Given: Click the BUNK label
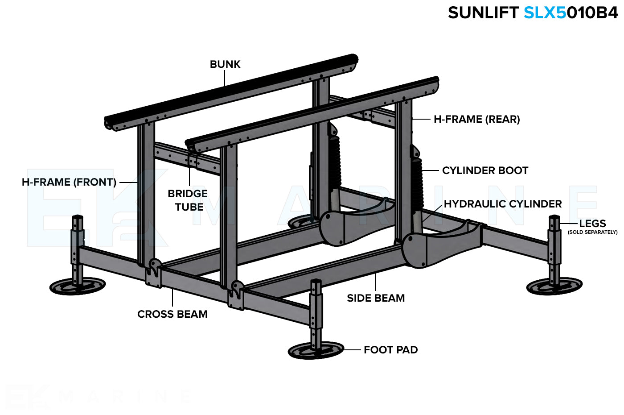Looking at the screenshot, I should tap(225, 64).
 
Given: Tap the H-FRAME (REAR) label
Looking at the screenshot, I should tap(476, 119).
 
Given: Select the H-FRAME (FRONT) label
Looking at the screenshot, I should tap(69, 182).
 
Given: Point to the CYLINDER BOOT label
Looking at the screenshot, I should tap(485, 170).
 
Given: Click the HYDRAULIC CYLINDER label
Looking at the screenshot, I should tap(502, 204).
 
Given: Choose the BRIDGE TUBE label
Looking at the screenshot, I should tap(188, 200).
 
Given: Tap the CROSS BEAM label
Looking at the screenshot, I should tap(172, 314).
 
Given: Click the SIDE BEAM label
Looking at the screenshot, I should tap(376, 298).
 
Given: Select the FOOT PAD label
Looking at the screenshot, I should tap(390, 350).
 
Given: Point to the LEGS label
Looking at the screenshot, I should tap(592, 224).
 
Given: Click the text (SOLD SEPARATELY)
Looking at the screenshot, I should tap(592, 232).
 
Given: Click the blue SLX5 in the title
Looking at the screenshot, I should tap(545, 13).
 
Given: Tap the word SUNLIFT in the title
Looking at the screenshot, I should tap(483, 13).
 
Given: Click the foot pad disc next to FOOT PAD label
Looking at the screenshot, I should tap(316, 351).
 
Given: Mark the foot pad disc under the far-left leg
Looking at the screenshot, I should tap(77, 286).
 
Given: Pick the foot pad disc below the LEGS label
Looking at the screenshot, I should tap(554, 286).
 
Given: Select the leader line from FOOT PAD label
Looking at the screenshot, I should tap(352, 350).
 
